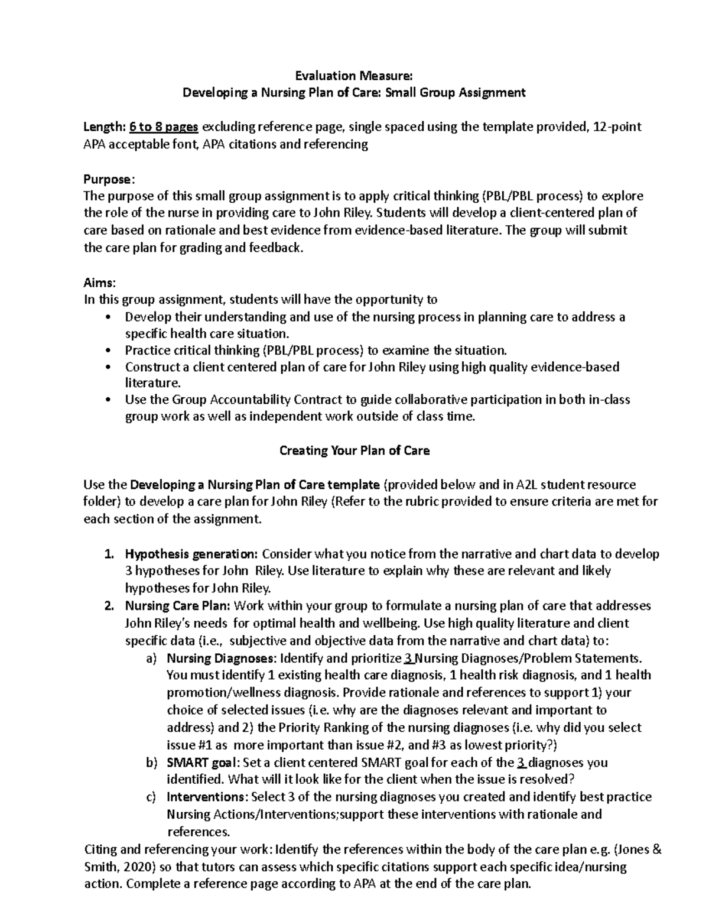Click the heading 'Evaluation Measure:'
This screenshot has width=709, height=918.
pos(354,76)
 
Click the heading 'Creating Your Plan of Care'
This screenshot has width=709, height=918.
pos(354,450)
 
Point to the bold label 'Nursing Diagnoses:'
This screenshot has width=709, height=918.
pos(221,658)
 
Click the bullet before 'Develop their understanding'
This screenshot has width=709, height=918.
pos(106,317)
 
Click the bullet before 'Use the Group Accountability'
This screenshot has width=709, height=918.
pos(106,400)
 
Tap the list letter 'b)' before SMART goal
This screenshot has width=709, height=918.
pos(151,763)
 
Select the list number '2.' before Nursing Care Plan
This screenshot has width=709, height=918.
pos(109,606)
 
